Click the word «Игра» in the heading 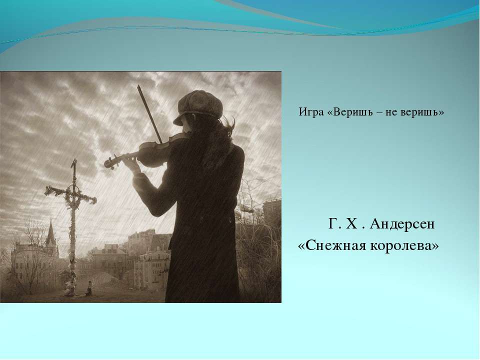pos(311,112)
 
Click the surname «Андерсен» pos(402,224)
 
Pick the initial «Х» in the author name pos(351,224)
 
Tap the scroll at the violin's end pos(109,162)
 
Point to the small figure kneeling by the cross pos(89,288)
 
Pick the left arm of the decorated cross pos(57,191)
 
